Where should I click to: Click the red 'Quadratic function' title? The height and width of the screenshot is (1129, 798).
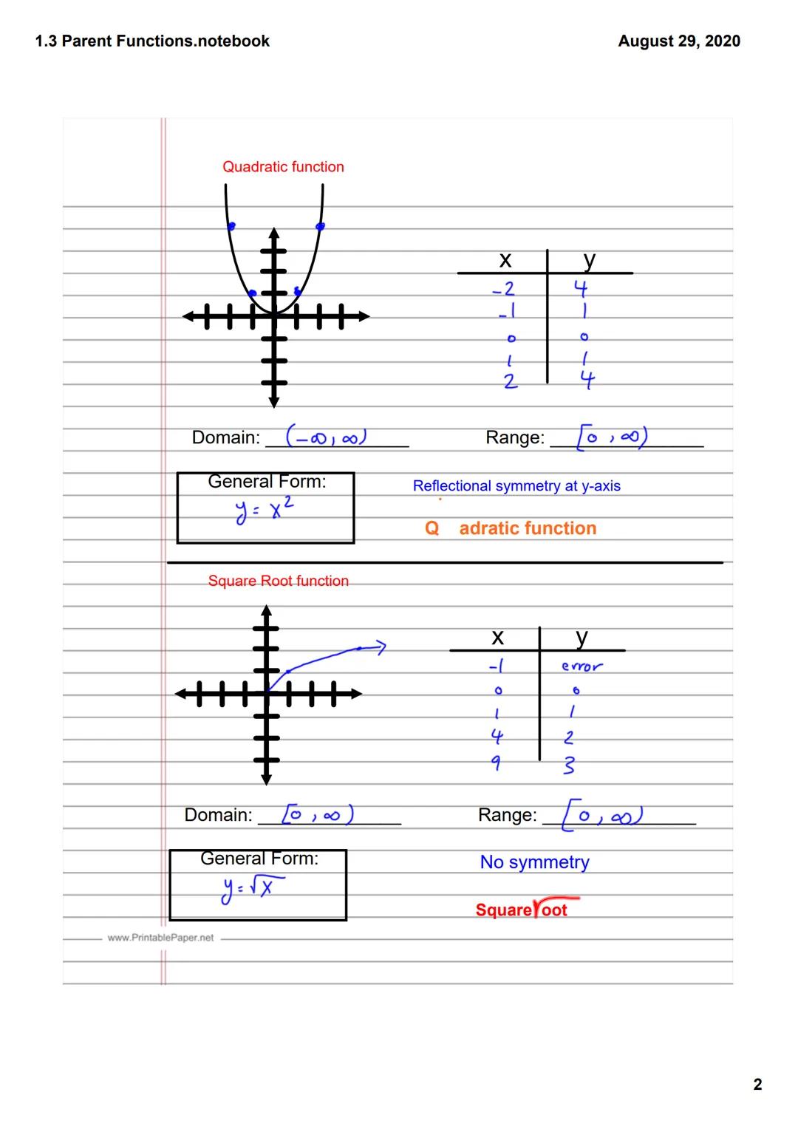(x=283, y=167)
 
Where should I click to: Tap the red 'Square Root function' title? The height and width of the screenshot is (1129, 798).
(x=278, y=581)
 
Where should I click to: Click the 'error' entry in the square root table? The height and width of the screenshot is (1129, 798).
(x=582, y=666)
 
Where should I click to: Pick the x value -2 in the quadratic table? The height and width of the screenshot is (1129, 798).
(x=504, y=288)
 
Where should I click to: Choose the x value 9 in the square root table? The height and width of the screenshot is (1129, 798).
(x=497, y=763)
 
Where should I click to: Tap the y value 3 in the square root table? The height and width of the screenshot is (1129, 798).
(x=568, y=765)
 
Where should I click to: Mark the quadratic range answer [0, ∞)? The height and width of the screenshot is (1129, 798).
(x=613, y=437)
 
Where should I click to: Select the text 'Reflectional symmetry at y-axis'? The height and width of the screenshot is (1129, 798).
(x=516, y=486)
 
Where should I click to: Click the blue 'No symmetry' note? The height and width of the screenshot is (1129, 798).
(x=534, y=862)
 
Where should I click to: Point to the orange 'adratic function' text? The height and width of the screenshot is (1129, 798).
(x=528, y=528)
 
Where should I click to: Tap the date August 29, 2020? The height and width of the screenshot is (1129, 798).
(x=679, y=41)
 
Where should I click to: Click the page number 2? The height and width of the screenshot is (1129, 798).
(x=757, y=1085)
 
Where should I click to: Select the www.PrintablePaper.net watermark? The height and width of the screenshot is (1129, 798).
(x=160, y=938)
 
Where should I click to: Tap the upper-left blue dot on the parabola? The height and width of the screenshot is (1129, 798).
(x=231, y=226)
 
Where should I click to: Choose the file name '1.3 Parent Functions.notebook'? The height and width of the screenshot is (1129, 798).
(x=152, y=41)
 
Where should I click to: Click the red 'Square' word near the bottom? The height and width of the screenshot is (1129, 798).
(x=503, y=910)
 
